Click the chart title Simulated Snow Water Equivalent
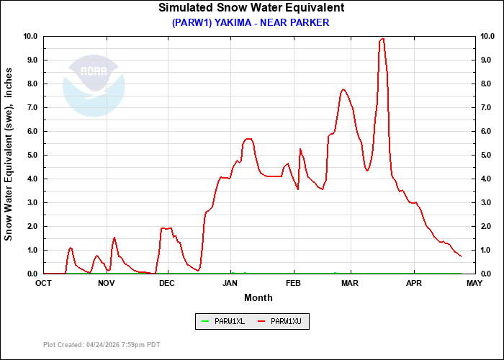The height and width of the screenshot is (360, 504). pyautogui.click(x=251, y=8)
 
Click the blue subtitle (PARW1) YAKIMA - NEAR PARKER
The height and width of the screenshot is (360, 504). pyautogui.click(x=251, y=22)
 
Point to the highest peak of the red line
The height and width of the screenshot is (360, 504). pyautogui.click(x=382, y=39)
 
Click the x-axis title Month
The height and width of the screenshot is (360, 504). pyautogui.click(x=258, y=297)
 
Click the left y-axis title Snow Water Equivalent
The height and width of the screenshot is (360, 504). pyautogui.click(x=9, y=155)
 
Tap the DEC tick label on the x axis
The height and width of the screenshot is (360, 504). pyautogui.click(x=166, y=283)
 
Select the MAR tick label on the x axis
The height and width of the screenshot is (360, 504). pyautogui.click(x=351, y=283)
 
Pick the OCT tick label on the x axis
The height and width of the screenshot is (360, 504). pyautogui.click(x=44, y=283)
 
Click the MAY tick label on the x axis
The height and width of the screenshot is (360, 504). pyautogui.click(x=474, y=283)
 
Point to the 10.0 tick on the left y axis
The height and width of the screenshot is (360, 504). pyautogui.click(x=30, y=36)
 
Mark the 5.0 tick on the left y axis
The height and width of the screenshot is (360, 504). pyautogui.click(x=32, y=155)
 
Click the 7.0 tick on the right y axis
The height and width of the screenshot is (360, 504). pyautogui.click(x=487, y=107)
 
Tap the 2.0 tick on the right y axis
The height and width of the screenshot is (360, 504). pyautogui.click(x=487, y=226)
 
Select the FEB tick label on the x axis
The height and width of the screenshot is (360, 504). pyautogui.click(x=293, y=283)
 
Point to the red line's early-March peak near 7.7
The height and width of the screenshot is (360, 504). pyautogui.click(x=343, y=89)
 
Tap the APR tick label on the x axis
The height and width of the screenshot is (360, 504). pyautogui.click(x=413, y=283)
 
